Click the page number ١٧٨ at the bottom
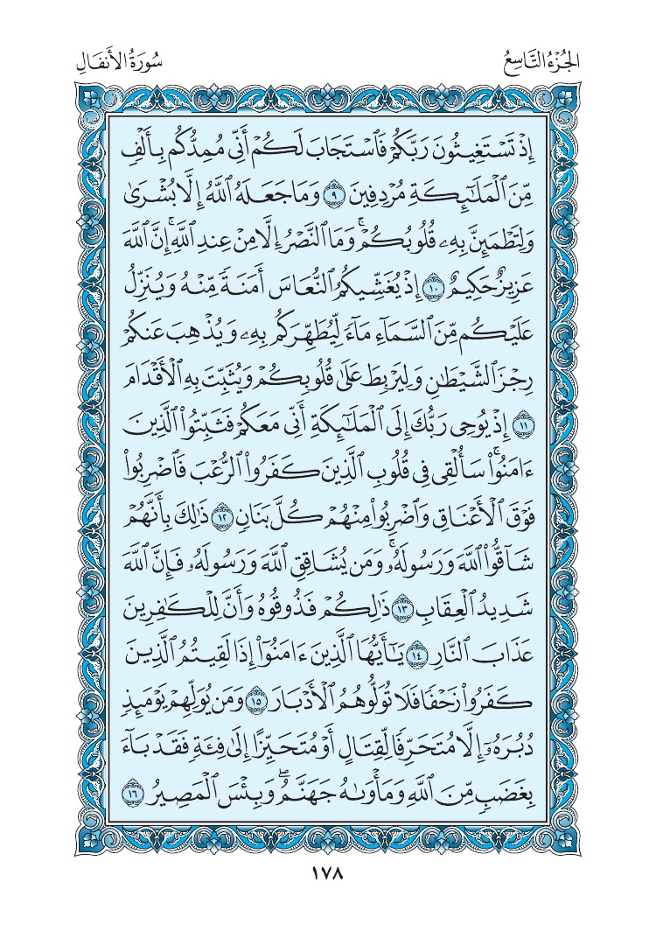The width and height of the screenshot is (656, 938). [x=328, y=874]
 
